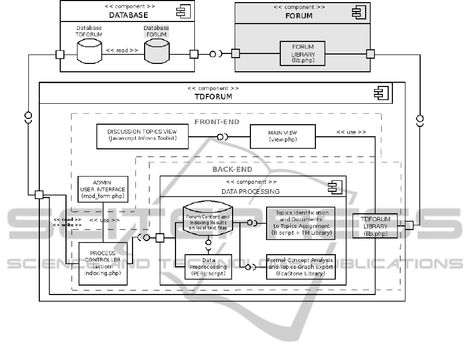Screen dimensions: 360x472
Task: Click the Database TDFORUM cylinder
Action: [x=89, y=50]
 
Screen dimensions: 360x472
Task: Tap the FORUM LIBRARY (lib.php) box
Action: [x=303, y=53]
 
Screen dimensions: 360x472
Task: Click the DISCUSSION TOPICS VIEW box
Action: [x=142, y=136]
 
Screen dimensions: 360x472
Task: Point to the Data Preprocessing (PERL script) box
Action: [x=208, y=267]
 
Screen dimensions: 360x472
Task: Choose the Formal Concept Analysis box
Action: [x=300, y=266]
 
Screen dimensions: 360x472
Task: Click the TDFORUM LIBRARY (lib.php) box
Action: [x=375, y=226]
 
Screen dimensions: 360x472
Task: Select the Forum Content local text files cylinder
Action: [x=208, y=220]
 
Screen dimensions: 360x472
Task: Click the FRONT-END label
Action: [x=217, y=122]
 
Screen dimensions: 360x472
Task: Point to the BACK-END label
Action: [x=232, y=169]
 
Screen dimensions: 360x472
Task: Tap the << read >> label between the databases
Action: [x=122, y=51]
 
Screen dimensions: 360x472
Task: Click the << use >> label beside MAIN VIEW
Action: [x=351, y=132]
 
